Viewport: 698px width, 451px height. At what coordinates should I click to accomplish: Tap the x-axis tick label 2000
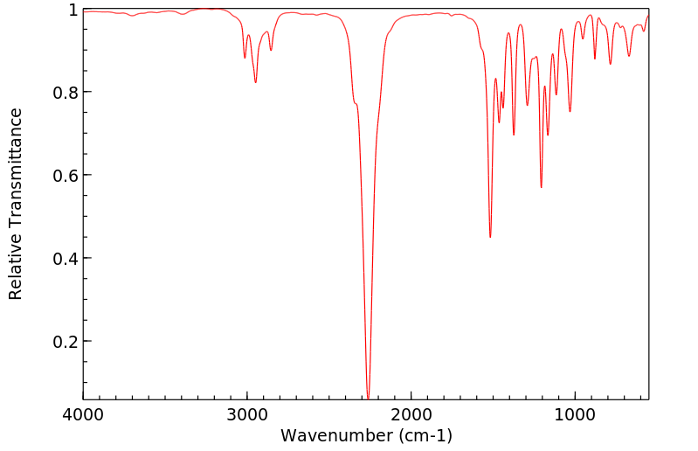(411, 417)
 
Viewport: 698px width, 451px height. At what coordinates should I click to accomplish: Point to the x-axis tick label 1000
(575, 417)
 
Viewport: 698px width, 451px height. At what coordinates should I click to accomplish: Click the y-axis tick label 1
(73, 10)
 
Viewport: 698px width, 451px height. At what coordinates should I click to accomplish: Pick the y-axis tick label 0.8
(65, 93)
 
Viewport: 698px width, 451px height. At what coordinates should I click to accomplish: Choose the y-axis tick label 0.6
(65, 176)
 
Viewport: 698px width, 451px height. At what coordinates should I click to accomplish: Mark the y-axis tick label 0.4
(65, 259)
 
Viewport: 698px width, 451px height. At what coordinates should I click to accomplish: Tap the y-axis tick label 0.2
(65, 342)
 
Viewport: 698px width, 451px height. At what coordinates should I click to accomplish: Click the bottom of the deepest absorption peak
(369, 398)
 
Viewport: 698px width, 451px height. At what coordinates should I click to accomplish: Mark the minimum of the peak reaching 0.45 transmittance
(490, 237)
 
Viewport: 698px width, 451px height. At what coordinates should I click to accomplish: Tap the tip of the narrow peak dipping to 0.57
(542, 187)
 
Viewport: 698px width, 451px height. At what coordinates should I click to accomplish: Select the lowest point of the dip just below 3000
(255, 83)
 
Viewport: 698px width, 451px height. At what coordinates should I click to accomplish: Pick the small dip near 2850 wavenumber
(271, 51)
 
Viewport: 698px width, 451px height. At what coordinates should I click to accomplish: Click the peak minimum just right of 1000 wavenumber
(570, 112)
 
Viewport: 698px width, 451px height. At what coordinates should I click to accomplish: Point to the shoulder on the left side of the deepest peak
(356, 104)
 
